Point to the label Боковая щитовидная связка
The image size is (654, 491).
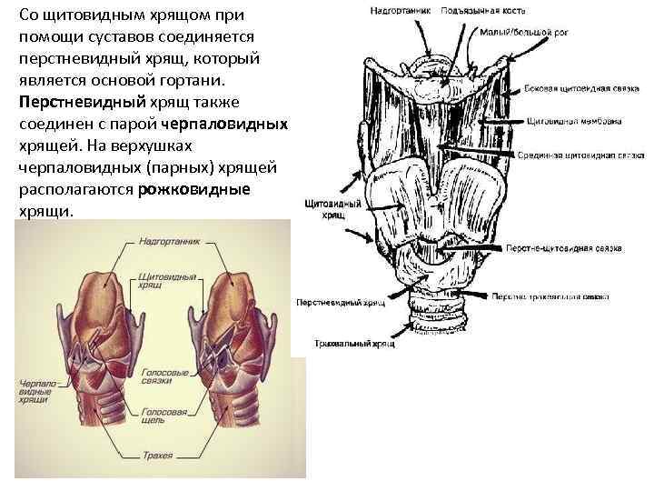(x=570, y=89)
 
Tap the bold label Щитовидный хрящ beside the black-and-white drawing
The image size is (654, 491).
(x=333, y=209)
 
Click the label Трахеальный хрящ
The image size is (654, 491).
(x=354, y=345)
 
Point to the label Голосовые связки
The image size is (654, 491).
(x=164, y=376)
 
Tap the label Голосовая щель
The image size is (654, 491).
(x=163, y=417)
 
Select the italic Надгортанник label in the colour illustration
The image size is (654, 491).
(x=163, y=243)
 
